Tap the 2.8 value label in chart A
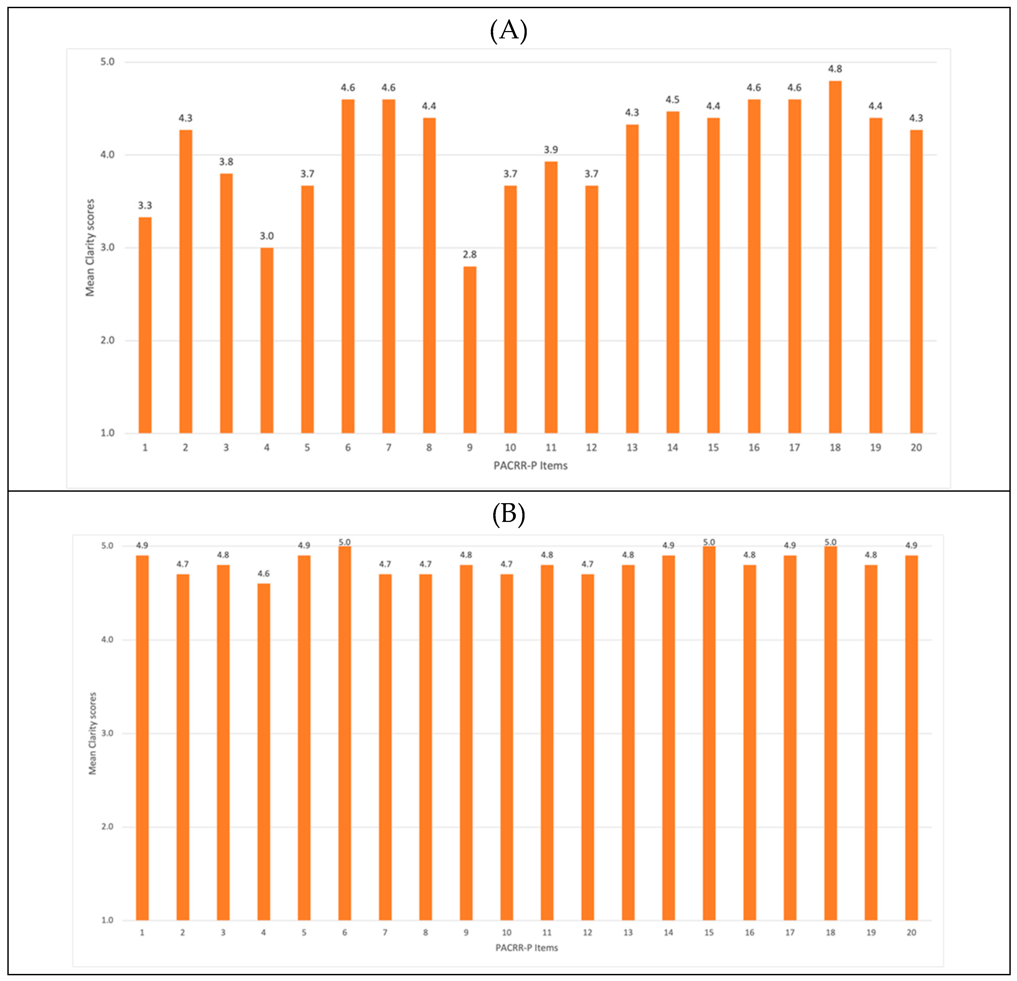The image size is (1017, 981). coord(470,254)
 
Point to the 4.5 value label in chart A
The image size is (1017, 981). coord(672,100)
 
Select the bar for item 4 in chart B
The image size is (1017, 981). coord(264,752)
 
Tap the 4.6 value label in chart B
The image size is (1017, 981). coord(264,574)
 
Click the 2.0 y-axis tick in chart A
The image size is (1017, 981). coord(108,340)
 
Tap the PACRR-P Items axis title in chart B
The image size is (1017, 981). coord(527,948)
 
